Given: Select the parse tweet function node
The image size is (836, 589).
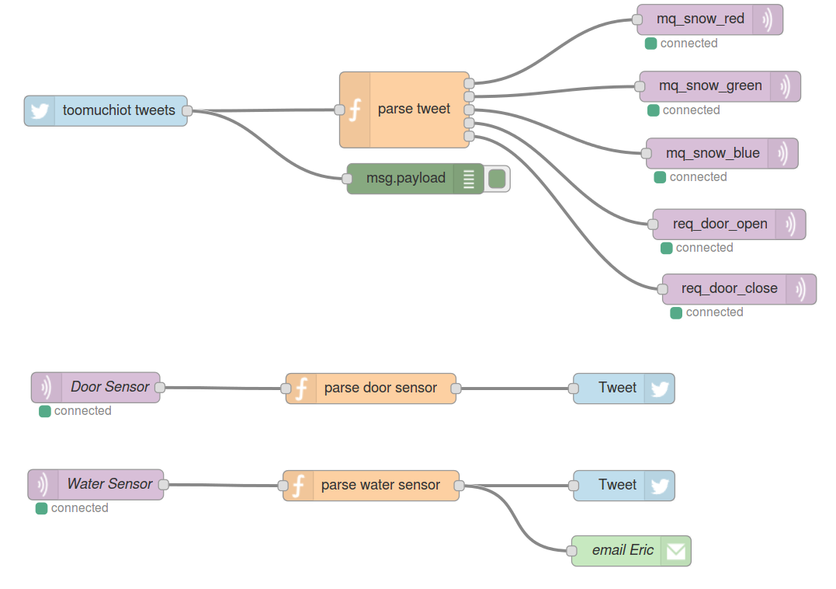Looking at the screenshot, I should (413, 110).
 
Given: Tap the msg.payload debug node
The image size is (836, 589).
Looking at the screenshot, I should (405, 178).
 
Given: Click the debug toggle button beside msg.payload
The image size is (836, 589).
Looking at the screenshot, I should (497, 179).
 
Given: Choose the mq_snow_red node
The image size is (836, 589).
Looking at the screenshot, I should (700, 19).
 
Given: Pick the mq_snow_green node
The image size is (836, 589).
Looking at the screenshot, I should (709, 86).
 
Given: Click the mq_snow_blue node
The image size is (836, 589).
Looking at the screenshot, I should (712, 154).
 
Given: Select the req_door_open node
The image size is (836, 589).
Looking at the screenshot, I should (720, 225).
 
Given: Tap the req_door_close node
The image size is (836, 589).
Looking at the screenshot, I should (729, 289).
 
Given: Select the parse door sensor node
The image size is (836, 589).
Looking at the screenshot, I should (380, 388).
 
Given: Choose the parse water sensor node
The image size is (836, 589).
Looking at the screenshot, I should (380, 485).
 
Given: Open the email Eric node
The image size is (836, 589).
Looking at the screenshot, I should (622, 550).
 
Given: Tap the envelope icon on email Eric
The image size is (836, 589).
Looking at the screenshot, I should (675, 551).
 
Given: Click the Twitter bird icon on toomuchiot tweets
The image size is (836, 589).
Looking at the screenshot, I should (40, 110).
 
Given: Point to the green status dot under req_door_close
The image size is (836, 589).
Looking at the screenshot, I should (676, 312).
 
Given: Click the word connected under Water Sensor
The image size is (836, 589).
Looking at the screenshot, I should (79, 508).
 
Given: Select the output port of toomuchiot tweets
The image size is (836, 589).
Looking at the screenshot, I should (186, 111).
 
